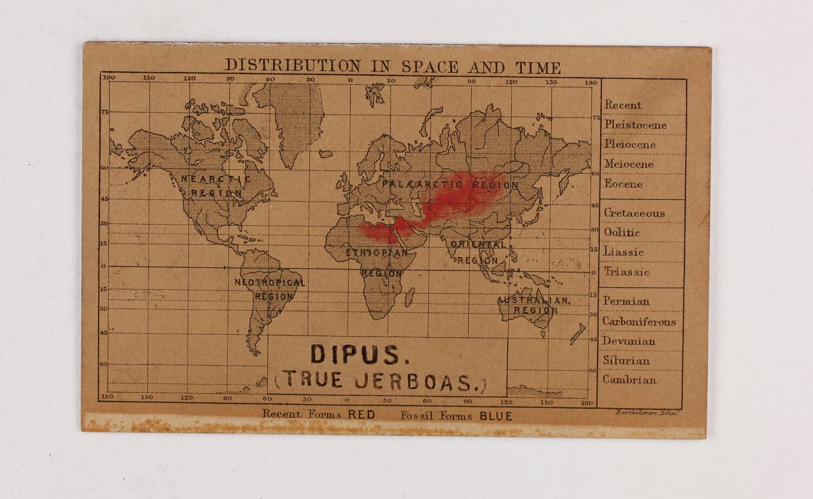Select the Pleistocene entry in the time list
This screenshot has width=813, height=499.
tap(635, 125)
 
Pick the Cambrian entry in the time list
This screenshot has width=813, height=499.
tap(629, 380)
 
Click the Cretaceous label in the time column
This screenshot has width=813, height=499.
tap(634, 213)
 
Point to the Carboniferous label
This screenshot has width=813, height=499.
tap(639, 322)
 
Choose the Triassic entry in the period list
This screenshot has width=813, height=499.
tap(627, 272)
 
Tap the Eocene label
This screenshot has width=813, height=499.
tap(623, 184)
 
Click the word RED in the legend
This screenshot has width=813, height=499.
tap(362, 415)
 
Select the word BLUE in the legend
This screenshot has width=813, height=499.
tap(495, 416)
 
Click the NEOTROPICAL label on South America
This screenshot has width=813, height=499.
tap(269, 283)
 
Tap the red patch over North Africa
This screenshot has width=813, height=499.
tap(379, 230)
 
